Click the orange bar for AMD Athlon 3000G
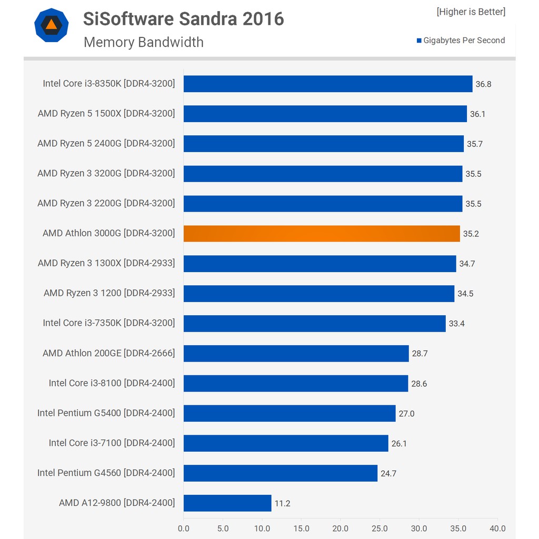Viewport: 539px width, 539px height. (x=322, y=233)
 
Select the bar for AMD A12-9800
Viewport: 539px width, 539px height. (x=227, y=503)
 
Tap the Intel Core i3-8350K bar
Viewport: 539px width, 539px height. (x=328, y=84)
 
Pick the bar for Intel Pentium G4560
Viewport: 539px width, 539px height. (x=281, y=473)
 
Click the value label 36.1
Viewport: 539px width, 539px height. (x=477, y=114)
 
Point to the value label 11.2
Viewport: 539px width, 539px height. (x=282, y=504)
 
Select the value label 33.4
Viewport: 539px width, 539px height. (x=456, y=324)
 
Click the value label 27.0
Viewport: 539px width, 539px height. (x=406, y=414)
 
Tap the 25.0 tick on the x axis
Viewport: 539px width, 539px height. (x=380, y=528)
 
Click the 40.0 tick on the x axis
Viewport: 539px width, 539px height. (x=497, y=528)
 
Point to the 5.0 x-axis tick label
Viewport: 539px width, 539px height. (x=223, y=528)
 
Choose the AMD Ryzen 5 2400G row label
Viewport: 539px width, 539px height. (x=106, y=143)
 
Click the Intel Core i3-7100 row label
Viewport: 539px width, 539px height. (x=112, y=443)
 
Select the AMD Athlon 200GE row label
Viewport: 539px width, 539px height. (x=108, y=353)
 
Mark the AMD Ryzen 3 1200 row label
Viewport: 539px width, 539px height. (x=109, y=293)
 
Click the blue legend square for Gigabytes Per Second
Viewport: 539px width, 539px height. (x=419, y=41)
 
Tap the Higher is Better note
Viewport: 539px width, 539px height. (x=471, y=12)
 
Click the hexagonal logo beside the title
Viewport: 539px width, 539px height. (x=51, y=25)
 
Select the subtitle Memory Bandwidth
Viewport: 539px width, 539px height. (x=143, y=42)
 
